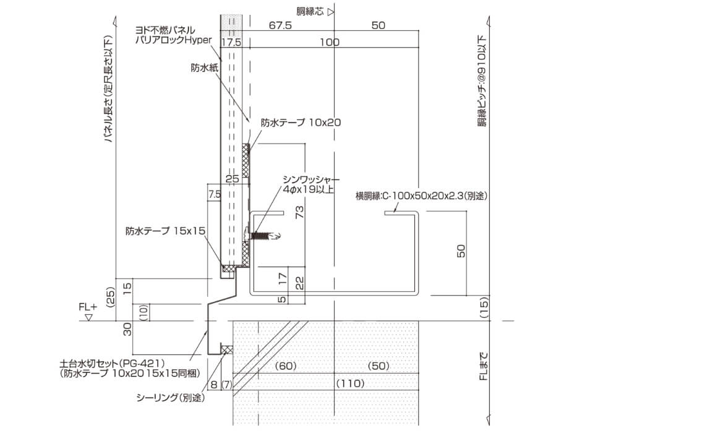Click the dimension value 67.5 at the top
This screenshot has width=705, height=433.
coord(280,25)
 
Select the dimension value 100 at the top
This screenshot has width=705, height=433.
coord(330,42)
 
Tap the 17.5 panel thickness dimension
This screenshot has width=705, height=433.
coord(231,42)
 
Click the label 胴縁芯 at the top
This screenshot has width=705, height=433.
coord(310,11)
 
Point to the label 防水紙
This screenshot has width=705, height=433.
coord(205,68)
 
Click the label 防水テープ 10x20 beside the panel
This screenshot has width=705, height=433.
coord(301,122)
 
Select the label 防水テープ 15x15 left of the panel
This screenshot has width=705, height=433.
coord(166,231)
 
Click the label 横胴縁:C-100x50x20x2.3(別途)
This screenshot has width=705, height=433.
coord(421,196)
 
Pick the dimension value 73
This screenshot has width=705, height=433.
coord(299,212)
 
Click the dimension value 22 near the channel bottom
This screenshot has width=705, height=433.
coord(299,282)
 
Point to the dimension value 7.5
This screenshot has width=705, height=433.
coord(215,194)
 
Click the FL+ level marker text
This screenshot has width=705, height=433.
coord(88,307)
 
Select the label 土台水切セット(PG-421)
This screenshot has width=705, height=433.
coord(113,363)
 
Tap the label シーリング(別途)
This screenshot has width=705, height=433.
coord(171,398)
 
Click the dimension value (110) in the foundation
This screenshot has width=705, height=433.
coord(350,384)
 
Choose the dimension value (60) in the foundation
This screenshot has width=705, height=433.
coord(286,366)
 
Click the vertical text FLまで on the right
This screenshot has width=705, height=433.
coord(484,366)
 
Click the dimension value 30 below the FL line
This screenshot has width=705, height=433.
coord(127,329)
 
